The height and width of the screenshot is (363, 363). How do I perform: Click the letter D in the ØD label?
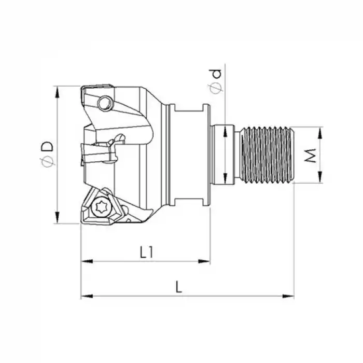[x=47, y=146]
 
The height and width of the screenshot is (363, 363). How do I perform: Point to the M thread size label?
[x=310, y=155]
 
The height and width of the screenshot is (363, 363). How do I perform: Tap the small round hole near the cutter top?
[x=106, y=103]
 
